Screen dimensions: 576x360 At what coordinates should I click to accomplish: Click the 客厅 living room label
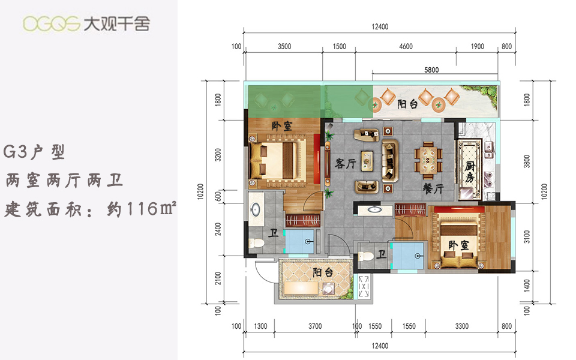pyautogui.click(x=346, y=163)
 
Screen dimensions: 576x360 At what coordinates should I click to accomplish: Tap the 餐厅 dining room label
pyautogui.click(x=433, y=189)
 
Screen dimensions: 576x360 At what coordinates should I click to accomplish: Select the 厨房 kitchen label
pyautogui.click(x=470, y=172)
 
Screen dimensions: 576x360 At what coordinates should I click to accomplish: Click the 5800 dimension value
pyautogui.click(x=431, y=70)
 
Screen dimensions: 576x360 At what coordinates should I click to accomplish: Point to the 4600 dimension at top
pyautogui.click(x=406, y=46)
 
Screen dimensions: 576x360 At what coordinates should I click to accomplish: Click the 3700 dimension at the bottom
pyautogui.click(x=315, y=326)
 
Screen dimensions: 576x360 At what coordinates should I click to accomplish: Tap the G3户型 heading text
pyautogui.click(x=34, y=152)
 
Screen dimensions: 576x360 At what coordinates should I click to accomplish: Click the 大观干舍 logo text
pyautogui.click(x=116, y=24)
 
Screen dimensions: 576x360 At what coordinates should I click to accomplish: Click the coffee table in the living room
pyautogui.click(x=367, y=161)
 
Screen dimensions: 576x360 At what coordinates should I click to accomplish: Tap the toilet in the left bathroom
pyautogui.click(x=256, y=243)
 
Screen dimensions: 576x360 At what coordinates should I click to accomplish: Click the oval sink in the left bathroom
pyautogui.click(x=254, y=210)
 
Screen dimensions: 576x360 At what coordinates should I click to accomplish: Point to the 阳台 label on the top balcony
pyautogui.click(x=407, y=104)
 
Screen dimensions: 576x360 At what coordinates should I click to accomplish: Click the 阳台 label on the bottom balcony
pyautogui.click(x=323, y=272)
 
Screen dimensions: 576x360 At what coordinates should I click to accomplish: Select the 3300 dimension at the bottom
pyautogui.click(x=462, y=326)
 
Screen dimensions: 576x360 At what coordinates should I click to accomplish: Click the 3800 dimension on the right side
pyautogui.click(x=527, y=161)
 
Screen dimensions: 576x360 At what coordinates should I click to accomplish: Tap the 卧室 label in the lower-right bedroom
pyautogui.click(x=458, y=245)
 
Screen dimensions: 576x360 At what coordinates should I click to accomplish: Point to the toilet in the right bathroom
pyautogui.click(x=366, y=256)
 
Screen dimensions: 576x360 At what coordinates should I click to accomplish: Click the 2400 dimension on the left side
pyautogui.click(x=218, y=229)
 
